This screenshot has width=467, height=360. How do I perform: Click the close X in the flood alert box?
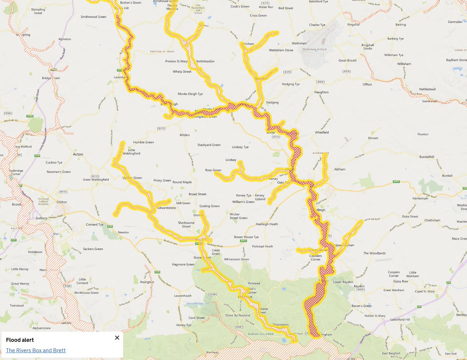[x=117, y=337]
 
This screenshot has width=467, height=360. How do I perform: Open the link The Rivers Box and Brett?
[x=36, y=350]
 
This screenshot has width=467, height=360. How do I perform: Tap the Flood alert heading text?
[x=20, y=340]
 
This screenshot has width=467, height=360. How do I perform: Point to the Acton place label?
[x=78, y=154]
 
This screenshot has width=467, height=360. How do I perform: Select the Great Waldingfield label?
[x=96, y=179]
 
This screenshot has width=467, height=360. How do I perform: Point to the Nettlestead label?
[x=427, y=89]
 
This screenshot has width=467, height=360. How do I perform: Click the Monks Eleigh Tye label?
[x=190, y=94]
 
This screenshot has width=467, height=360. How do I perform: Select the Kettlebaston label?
[x=205, y=61]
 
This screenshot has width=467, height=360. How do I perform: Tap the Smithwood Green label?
[x=93, y=17]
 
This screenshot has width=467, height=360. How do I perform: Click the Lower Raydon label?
[x=342, y=282]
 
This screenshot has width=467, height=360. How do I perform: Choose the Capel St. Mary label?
[x=426, y=290]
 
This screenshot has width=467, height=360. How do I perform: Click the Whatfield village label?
[x=322, y=132]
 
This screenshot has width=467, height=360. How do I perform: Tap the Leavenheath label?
[x=183, y=296]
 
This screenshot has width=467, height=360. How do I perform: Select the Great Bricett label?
[x=348, y=60]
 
